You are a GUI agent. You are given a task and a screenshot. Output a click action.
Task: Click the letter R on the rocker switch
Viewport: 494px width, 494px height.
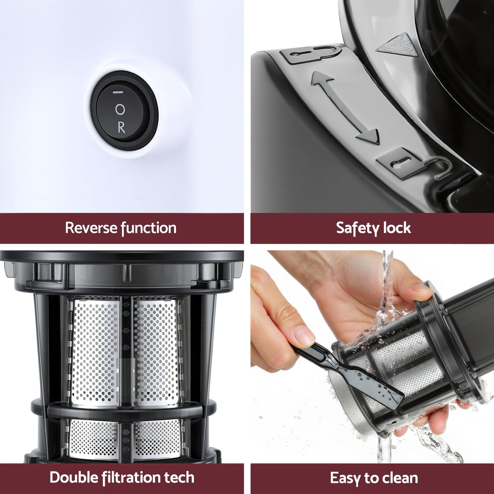click(121, 128)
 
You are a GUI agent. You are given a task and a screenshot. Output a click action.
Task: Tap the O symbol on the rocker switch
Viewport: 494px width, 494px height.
click(120, 110)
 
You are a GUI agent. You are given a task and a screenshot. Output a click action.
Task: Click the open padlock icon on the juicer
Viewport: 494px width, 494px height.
click(310, 55)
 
